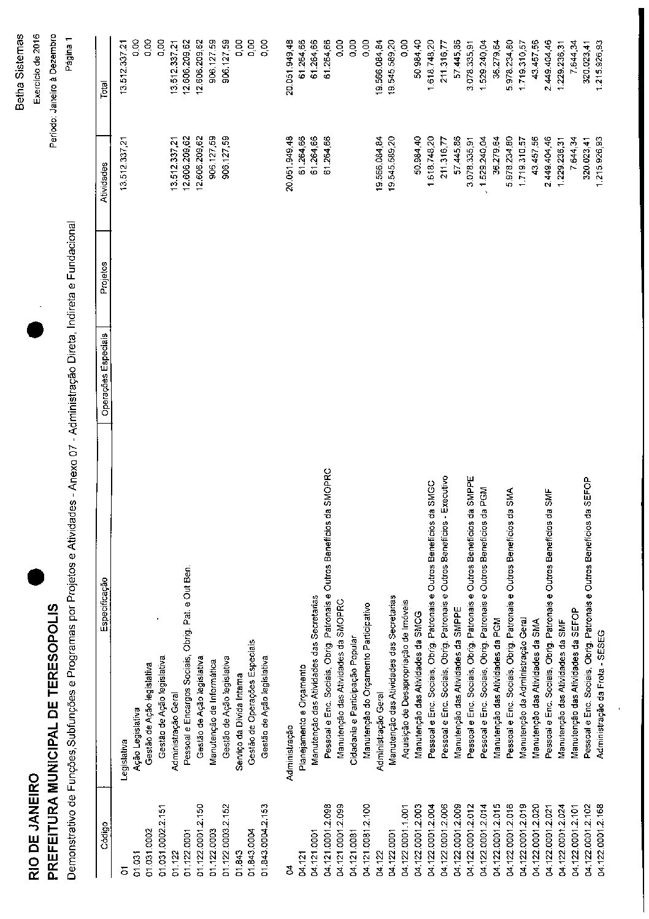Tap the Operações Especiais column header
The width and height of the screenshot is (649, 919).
[104, 374]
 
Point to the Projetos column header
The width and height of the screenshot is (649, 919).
[104, 277]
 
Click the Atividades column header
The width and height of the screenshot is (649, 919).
[104, 182]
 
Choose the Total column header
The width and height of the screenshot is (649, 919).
[104, 90]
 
